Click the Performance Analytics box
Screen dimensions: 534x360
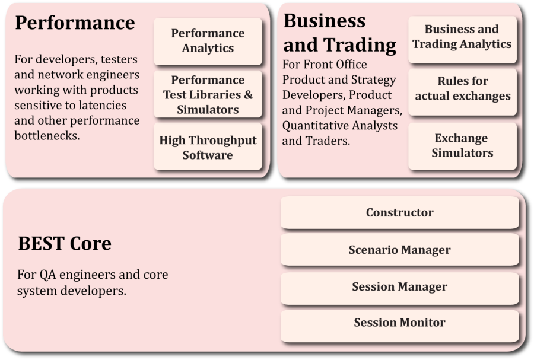(x=208, y=41)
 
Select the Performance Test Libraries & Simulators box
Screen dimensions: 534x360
(x=208, y=94)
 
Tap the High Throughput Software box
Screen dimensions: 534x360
(x=208, y=146)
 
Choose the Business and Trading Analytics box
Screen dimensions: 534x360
(x=462, y=39)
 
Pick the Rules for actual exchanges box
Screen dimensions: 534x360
(x=462, y=92)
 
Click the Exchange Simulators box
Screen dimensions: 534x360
(x=462, y=146)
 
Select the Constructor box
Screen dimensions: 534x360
(x=399, y=212)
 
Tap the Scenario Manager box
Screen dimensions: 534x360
(x=399, y=250)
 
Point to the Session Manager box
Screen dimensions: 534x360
(x=399, y=287)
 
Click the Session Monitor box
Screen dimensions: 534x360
(x=399, y=323)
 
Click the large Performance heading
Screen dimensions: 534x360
(x=75, y=23)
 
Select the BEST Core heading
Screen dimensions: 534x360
(x=65, y=243)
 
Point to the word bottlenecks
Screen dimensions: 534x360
(x=47, y=135)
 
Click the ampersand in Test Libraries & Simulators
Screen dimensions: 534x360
(x=248, y=94)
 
